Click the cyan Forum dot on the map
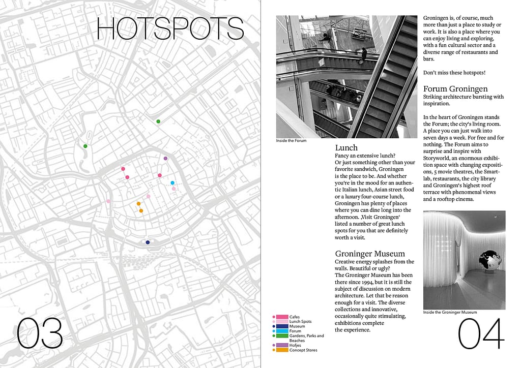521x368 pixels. pyautogui.click(x=172, y=183)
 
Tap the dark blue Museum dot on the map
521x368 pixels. pyautogui.click(x=148, y=242)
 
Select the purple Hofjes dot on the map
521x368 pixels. pyautogui.click(x=165, y=159)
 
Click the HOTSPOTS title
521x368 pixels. pyautogui.click(x=170, y=28)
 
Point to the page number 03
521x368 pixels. pyautogui.click(x=40, y=333)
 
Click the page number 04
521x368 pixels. pyautogui.click(x=481, y=334)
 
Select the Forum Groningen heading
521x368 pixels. pyautogui.click(x=455, y=89)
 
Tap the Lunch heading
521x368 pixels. pyautogui.click(x=346, y=148)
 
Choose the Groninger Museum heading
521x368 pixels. pyautogui.click(x=370, y=254)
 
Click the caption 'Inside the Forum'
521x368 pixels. pyautogui.click(x=291, y=141)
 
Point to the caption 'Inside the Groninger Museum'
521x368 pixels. pyautogui.click(x=450, y=312)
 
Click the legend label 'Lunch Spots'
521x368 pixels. pyautogui.click(x=300, y=322)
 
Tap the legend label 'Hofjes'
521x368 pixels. pyautogui.click(x=295, y=345)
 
